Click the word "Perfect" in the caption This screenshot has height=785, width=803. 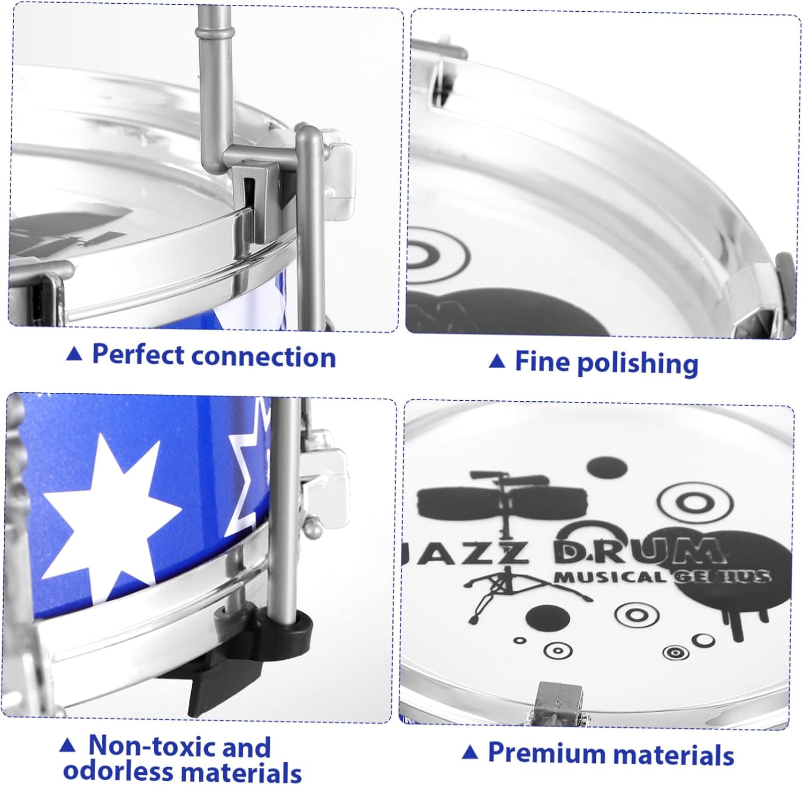tap(138, 355)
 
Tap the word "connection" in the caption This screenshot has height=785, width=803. tap(263, 357)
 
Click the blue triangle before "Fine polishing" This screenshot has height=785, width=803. tap(497, 362)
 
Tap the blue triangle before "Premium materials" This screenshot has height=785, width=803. tap(469, 752)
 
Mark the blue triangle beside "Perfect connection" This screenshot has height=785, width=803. tap(74, 353)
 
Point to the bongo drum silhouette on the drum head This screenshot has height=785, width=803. tap(503, 500)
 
